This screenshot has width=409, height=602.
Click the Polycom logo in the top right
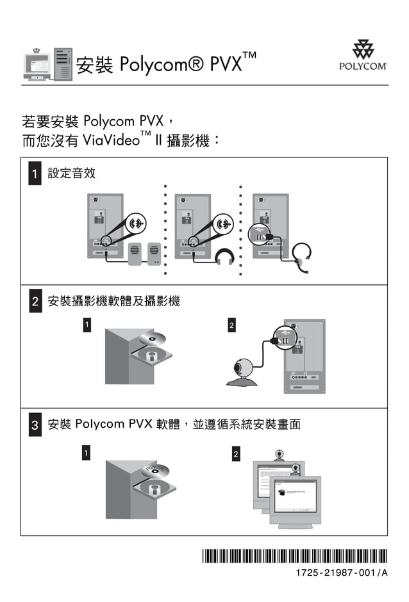pos(363,55)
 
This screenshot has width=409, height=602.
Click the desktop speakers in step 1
pos(144,254)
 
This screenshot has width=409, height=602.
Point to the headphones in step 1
pos(224,257)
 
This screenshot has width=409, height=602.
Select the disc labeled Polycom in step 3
pos(156,471)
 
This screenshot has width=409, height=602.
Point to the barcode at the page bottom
pos(295,555)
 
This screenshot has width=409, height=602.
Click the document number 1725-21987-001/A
pos(342,573)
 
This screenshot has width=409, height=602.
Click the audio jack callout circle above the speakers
pos(135,224)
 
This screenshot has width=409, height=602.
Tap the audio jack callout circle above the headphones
pos(223,224)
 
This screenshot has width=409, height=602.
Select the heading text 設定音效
pos(72,174)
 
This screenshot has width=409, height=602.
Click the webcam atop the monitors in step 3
pos(280,455)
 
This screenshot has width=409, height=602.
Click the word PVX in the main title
pos(226,65)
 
